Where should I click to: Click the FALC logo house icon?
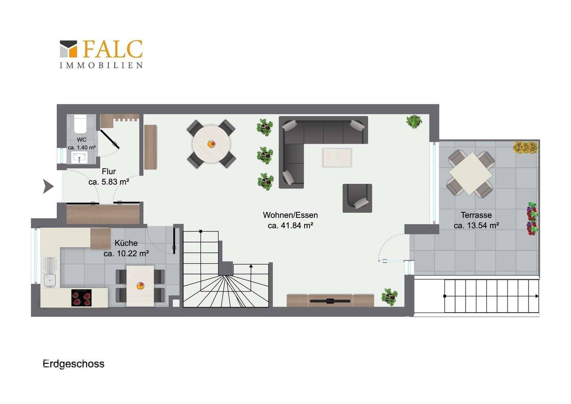tap(68, 49)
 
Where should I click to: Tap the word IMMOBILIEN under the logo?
tap(101, 65)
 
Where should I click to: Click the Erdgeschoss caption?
tap(73, 364)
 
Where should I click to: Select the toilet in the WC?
tap(80, 124)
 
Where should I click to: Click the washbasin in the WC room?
tap(79, 157)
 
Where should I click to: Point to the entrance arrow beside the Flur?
tap(48, 187)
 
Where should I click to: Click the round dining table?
tap(211, 144)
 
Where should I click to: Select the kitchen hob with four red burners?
tap(81, 298)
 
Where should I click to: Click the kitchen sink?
tap(50, 272)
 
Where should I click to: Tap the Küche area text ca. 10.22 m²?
tap(126, 254)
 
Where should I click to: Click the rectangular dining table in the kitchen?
tap(140, 286)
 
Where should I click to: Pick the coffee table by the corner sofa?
tap(337, 158)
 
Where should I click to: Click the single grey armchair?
tap(357, 198)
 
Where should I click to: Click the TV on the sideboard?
tap(330, 301)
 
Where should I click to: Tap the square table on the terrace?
tap(471, 174)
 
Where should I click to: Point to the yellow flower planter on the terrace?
tap(525, 147)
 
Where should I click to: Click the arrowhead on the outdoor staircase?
tap(537, 296)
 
